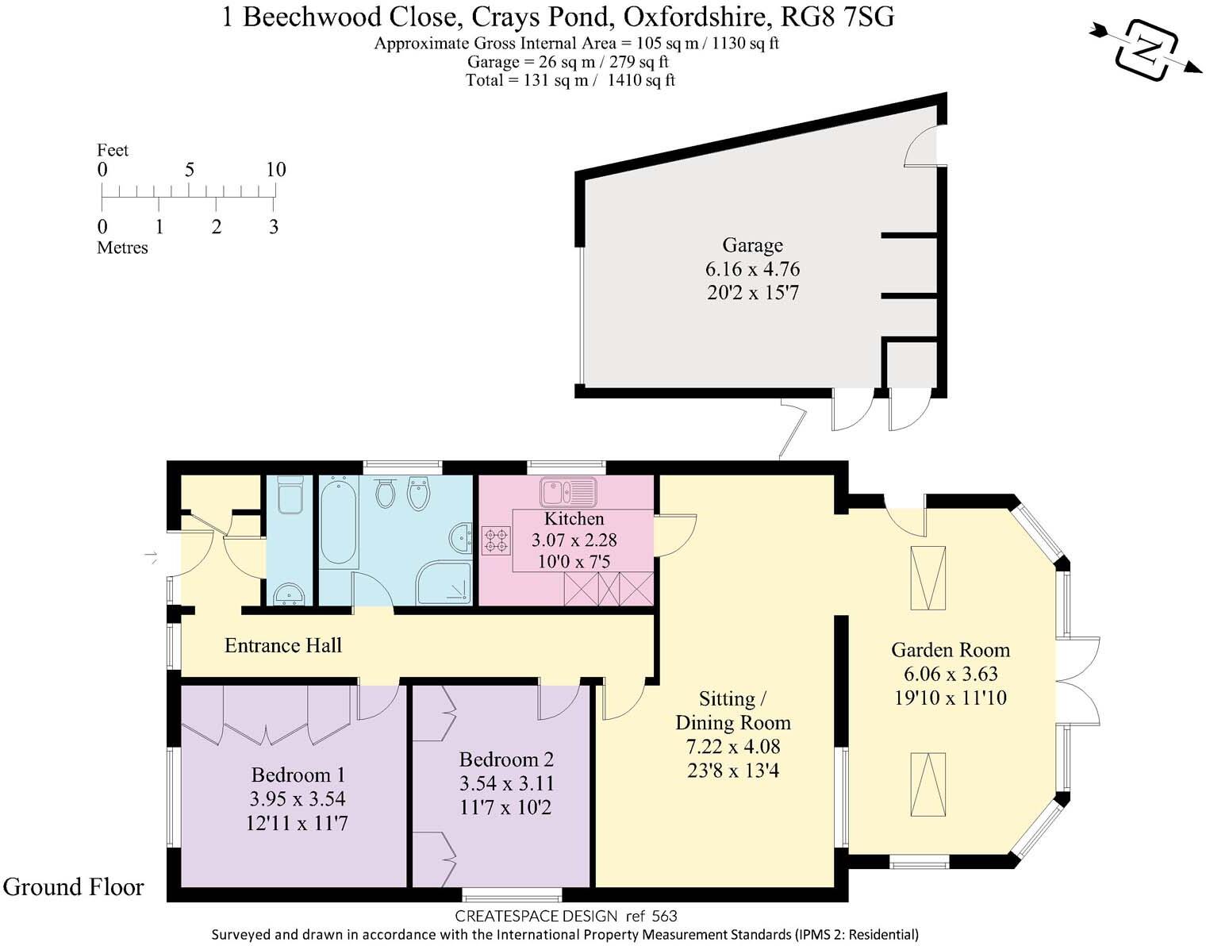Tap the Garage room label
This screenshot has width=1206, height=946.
[x=752, y=244]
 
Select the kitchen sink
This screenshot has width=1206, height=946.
[x=567, y=493]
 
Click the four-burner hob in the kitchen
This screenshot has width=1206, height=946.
[x=496, y=540]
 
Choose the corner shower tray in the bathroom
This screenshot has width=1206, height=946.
[x=444, y=583]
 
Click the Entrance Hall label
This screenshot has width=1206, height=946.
[x=282, y=646]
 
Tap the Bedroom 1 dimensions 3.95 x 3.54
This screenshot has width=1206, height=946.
[x=297, y=799]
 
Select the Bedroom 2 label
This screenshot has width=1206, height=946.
[x=506, y=759]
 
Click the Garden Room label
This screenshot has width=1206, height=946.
[x=951, y=650]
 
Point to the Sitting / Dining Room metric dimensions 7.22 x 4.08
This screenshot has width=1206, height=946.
[x=732, y=747]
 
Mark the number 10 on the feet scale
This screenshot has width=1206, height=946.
[x=276, y=169]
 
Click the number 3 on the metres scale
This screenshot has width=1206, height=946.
[x=273, y=226]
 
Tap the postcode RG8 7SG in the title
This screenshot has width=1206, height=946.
[x=837, y=17]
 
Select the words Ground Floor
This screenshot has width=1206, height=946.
[x=73, y=887]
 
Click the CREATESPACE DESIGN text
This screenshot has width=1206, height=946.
[x=536, y=916]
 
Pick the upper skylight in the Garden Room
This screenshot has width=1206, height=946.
[x=928, y=578]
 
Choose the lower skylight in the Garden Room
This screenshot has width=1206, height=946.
[x=928, y=784]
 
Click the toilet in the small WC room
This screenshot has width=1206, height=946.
[x=290, y=494]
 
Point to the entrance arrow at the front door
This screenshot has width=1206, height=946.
[x=151, y=556]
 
